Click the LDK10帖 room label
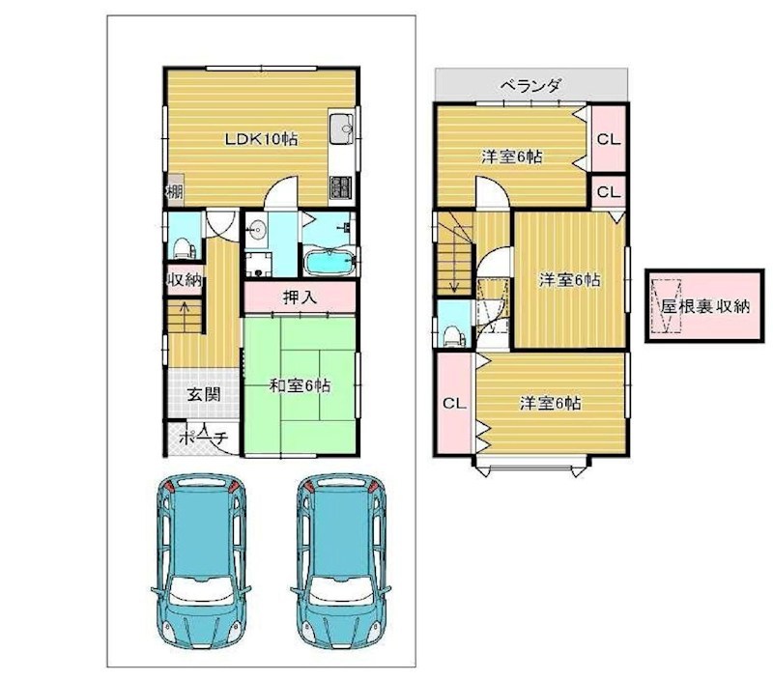pos(261,139)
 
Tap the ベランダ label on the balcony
pos(530,85)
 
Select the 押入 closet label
pos(300,297)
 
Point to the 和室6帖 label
pos(300,385)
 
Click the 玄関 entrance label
pos(202,394)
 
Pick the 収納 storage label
pos(185,282)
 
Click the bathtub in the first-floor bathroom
pos(329,263)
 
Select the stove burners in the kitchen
pos(342,184)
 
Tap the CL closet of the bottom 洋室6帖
pos(452,403)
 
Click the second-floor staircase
pos(453,253)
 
